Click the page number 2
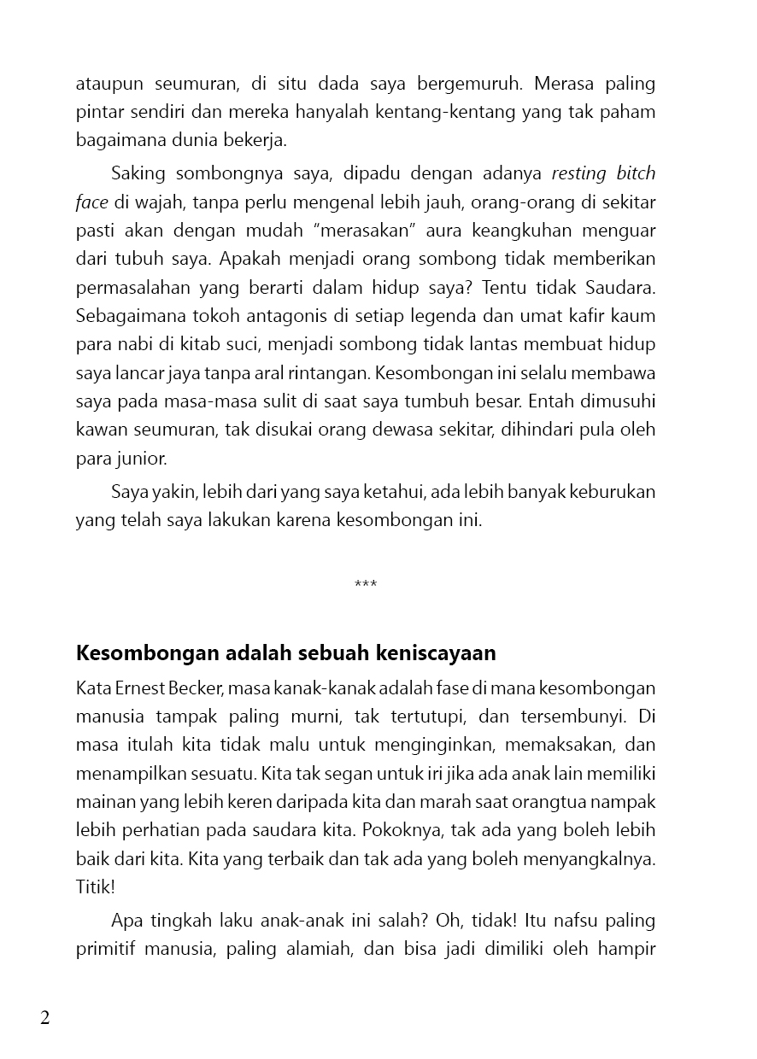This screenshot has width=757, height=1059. (45, 1018)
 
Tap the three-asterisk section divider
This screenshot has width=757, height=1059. (366, 585)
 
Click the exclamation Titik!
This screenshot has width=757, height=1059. (95, 886)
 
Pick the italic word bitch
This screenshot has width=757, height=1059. (636, 174)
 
